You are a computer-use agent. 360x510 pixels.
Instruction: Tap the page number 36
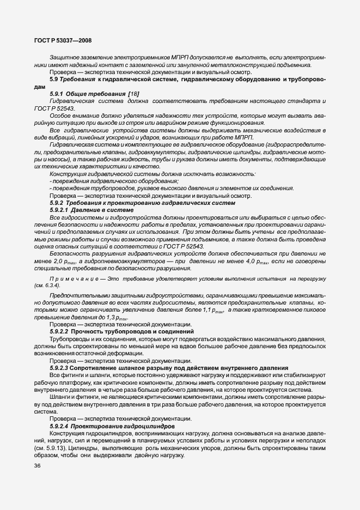38,466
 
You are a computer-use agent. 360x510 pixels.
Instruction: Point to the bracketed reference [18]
132,94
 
